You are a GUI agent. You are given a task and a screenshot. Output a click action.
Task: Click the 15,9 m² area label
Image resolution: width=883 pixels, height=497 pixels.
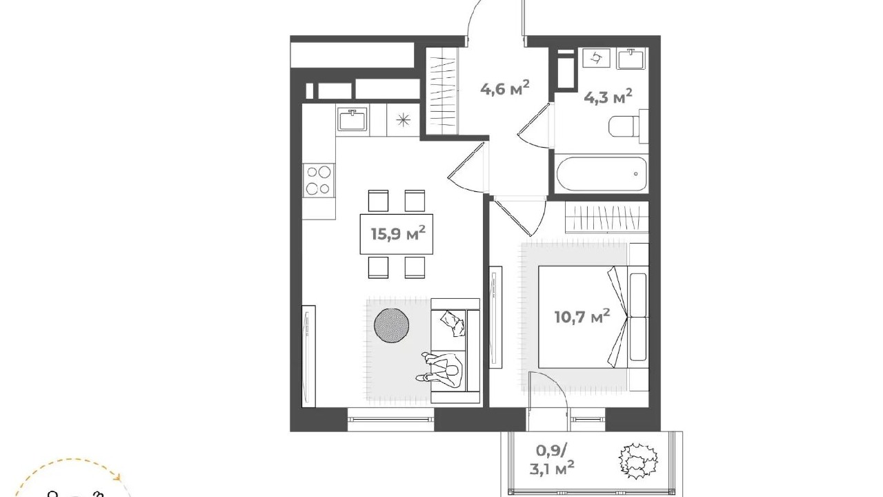398,233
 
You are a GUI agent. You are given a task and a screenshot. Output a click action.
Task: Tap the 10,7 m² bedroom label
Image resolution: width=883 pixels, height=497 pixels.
582,316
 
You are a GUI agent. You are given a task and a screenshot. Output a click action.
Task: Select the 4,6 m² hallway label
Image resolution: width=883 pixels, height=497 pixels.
504,88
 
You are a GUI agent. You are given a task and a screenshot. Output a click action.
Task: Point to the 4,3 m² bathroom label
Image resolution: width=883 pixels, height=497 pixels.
608,96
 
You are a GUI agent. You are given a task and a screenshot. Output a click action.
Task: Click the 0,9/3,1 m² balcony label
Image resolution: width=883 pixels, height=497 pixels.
555,460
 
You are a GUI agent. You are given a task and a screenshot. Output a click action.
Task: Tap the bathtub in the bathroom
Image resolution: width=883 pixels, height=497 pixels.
601,173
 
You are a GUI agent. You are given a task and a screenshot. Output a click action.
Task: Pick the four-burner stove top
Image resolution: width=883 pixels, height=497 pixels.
319,180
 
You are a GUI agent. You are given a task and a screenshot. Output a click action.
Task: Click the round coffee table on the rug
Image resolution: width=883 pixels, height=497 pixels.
391,325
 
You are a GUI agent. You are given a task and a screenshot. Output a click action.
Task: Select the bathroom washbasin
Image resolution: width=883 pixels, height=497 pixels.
631,59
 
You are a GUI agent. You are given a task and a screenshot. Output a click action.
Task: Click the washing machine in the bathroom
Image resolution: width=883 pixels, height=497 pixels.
597,59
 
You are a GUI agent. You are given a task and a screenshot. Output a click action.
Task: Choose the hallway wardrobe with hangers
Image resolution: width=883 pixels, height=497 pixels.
441,92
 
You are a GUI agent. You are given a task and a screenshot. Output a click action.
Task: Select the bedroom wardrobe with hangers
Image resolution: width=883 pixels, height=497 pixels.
606,217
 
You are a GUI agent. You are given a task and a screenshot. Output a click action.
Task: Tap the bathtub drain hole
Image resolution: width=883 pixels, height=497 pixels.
636,173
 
